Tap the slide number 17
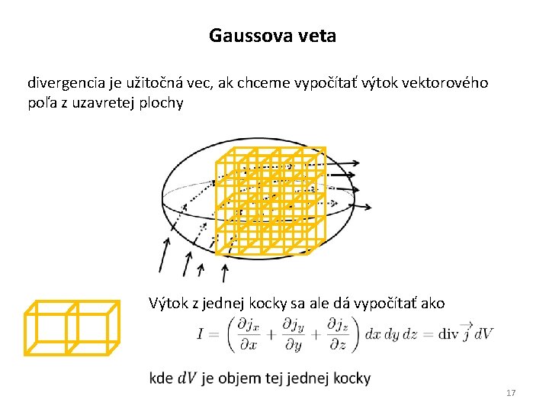click(x=511, y=393)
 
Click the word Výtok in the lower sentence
click(x=167, y=304)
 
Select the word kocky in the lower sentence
click(x=279, y=304)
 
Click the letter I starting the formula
click(x=199, y=335)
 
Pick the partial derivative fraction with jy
click(x=291, y=335)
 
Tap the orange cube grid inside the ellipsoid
click(x=270, y=200)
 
